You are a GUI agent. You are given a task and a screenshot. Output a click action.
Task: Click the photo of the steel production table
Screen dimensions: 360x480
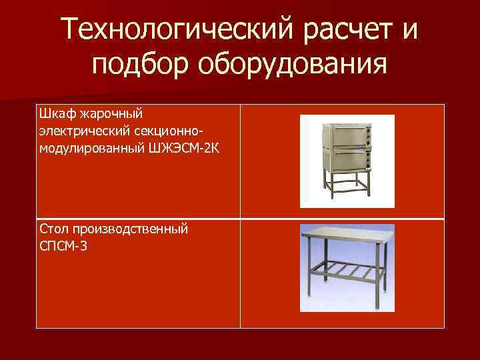[347, 268]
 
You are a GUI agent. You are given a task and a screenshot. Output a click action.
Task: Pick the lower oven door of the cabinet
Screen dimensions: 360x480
[346, 160]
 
